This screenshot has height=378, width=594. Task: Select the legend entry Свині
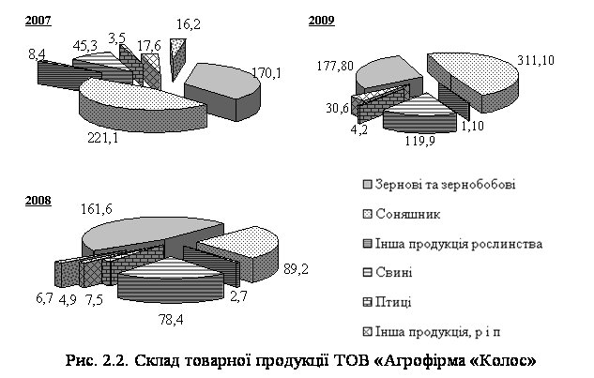394,273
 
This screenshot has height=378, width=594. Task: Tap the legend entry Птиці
394,302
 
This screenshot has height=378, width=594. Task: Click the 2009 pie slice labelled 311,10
474,79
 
